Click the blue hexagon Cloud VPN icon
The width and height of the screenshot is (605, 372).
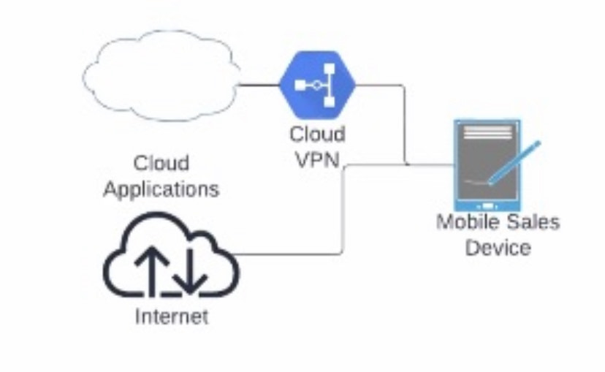[316, 86]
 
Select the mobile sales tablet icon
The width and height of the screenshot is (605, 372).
[487, 163]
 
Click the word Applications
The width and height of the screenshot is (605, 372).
[161, 189]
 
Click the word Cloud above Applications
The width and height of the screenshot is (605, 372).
[161, 162]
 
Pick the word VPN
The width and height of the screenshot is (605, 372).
[317, 160]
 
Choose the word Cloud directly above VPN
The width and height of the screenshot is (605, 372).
[317, 134]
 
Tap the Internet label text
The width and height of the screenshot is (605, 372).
[171, 316]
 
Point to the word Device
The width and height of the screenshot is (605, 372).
[498, 247]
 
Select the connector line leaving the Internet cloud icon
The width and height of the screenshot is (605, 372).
[292, 255]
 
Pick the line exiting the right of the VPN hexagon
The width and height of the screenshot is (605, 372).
[380, 86]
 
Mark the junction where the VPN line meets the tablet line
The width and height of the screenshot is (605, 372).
[406, 164]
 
